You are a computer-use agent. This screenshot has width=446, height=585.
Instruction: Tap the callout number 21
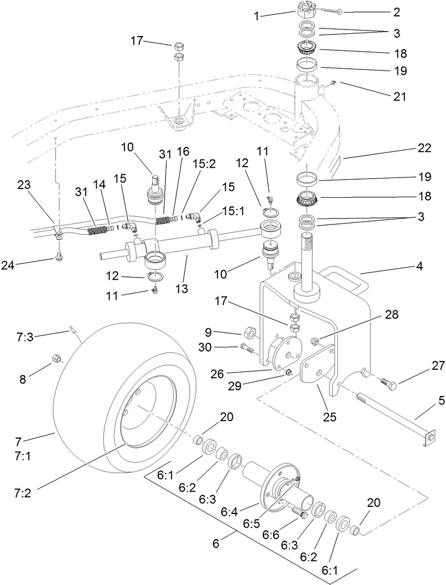[x=400, y=97]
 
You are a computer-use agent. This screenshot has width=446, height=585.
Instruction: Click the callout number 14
[x=99, y=186]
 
